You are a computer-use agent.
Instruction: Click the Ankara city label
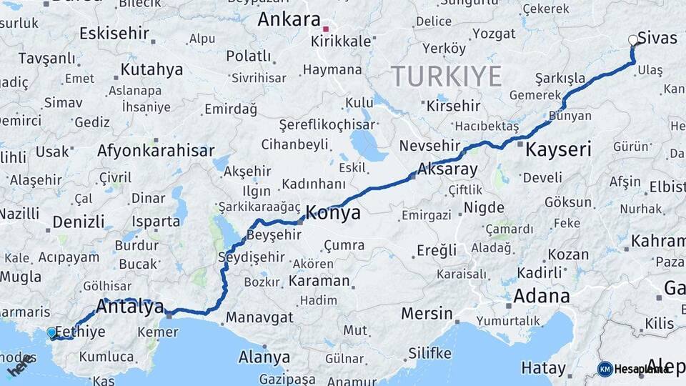click(x=288, y=19)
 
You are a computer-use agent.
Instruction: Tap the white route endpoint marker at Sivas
click(x=632, y=41)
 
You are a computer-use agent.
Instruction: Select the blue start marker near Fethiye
click(x=51, y=332)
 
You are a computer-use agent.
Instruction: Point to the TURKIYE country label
click(x=446, y=75)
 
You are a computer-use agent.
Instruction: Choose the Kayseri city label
click(x=558, y=150)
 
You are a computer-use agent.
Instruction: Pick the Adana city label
click(x=542, y=296)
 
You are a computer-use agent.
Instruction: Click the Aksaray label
click(x=449, y=169)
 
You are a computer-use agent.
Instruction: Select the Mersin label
click(x=427, y=313)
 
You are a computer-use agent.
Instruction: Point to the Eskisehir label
click(x=114, y=33)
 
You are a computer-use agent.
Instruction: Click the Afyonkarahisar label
click(x=156, y=151)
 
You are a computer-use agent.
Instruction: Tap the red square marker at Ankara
click(x=326, y=29)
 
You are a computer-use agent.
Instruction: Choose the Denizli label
click(x=79, y=221)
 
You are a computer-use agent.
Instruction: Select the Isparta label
click(x=156, y=222)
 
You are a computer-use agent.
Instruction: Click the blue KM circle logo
click(x=605, y=369)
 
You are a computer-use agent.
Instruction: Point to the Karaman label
click(x=319, y=281)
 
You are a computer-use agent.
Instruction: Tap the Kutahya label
click(x=151, y=70)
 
